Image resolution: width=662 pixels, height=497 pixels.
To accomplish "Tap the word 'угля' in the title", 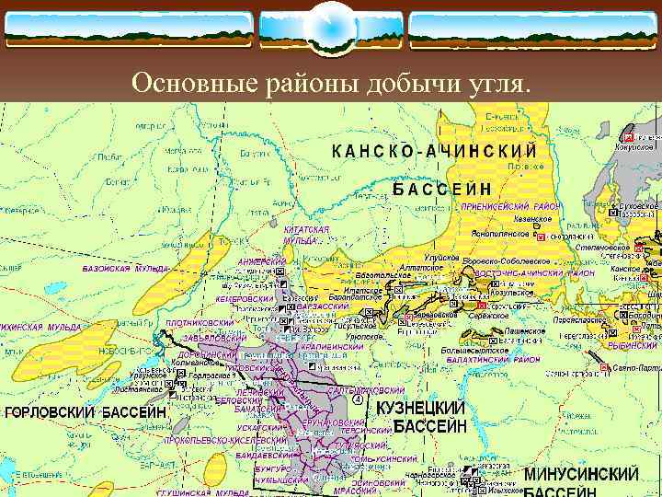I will (497, 85).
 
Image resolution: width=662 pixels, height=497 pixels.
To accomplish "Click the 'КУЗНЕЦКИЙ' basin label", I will (430, 407).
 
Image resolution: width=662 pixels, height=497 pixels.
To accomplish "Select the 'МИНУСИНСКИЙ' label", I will (581, 475).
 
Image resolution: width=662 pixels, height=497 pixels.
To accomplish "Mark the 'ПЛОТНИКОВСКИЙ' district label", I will (200, 324).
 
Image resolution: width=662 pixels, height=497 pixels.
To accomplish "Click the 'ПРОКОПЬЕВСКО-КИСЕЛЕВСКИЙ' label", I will (222, 441).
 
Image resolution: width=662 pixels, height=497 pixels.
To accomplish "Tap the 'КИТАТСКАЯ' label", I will (306, 228).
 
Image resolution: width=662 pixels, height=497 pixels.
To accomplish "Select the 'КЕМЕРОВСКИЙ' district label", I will (245, 299).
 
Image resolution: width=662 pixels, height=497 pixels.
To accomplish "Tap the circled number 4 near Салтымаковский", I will (357, 399).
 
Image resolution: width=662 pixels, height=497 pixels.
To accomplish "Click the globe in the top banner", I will (330, 28).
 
